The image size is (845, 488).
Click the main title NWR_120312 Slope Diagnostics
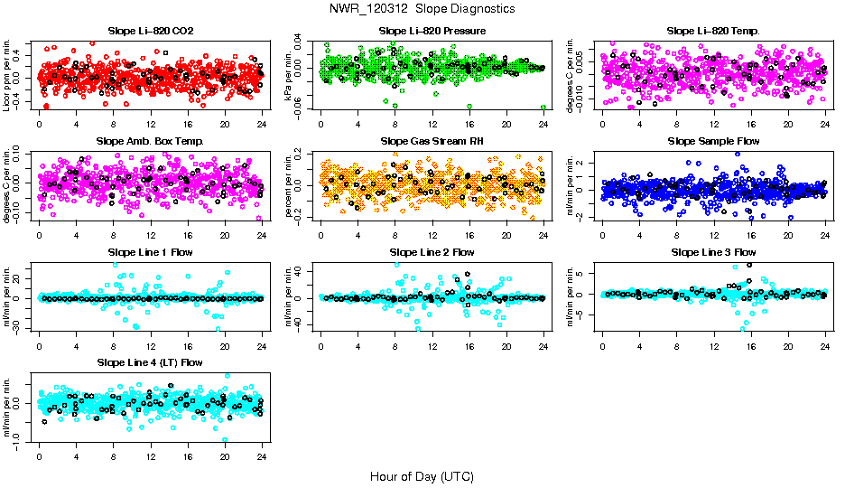(422, 8)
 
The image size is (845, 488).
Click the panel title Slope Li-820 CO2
(151, 32)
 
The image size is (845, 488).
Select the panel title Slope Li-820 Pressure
(432, 32)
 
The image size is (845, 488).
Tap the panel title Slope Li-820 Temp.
(713, 32)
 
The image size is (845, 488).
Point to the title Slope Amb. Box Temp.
(151, 142)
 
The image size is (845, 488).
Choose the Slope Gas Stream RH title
(432, 142)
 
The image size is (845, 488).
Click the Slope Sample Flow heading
(713, 142)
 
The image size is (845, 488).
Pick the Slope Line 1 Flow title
(151, 252)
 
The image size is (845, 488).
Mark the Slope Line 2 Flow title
(432, 252)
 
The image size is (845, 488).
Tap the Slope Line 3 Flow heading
(713, 252)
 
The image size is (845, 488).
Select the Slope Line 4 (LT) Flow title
(151, 362)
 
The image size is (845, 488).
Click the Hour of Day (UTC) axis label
(422, 475)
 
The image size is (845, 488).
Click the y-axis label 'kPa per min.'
(290, 74)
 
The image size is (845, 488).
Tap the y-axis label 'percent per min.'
(290, 184)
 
